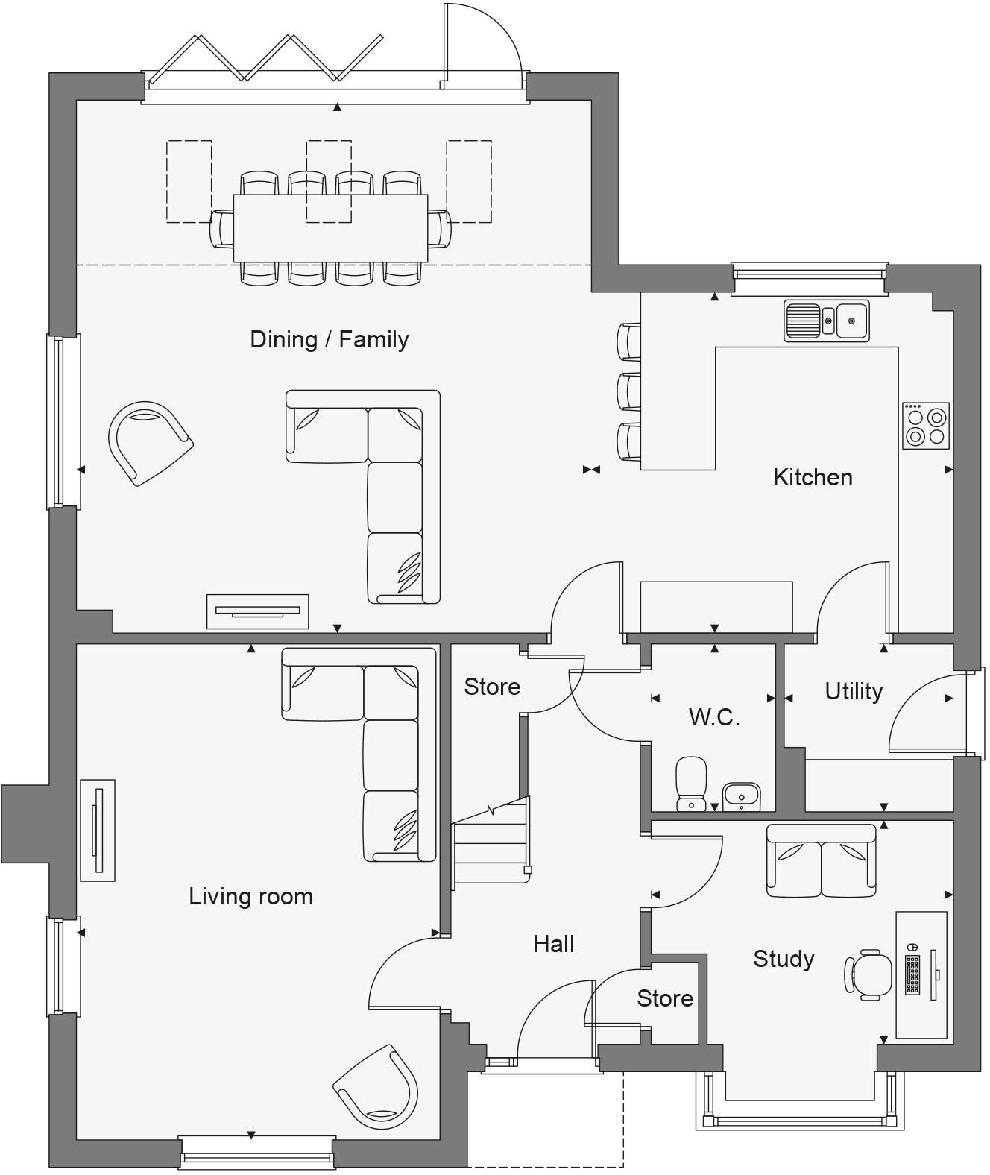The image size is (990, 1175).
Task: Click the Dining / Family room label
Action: click(329, 340)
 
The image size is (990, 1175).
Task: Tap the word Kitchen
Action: click(813, 477)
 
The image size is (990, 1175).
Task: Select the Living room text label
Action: click(250, 896)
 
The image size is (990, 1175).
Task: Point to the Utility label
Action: click(854, 691)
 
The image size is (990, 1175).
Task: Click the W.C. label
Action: click(713, 717)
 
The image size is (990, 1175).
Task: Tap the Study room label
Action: click(783, 959)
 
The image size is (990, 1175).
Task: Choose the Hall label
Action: click(554, 944)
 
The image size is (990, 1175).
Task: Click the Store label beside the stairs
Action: click(492, 687)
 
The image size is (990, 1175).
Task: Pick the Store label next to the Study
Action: click(665, 998)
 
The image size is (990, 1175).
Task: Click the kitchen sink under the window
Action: click(827, 321)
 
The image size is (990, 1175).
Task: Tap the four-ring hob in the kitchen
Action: click(926, 426)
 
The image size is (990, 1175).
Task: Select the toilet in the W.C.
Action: click(691, 783)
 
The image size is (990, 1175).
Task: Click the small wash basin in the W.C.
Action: click(741, 796)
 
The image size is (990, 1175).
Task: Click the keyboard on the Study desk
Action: click(912, 974)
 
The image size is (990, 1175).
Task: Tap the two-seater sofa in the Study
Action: click(822, 861)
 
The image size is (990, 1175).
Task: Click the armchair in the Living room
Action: click(376, 1087)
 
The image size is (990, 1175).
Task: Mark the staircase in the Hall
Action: click(491, 842)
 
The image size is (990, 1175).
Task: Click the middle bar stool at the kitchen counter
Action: click(630, 391)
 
